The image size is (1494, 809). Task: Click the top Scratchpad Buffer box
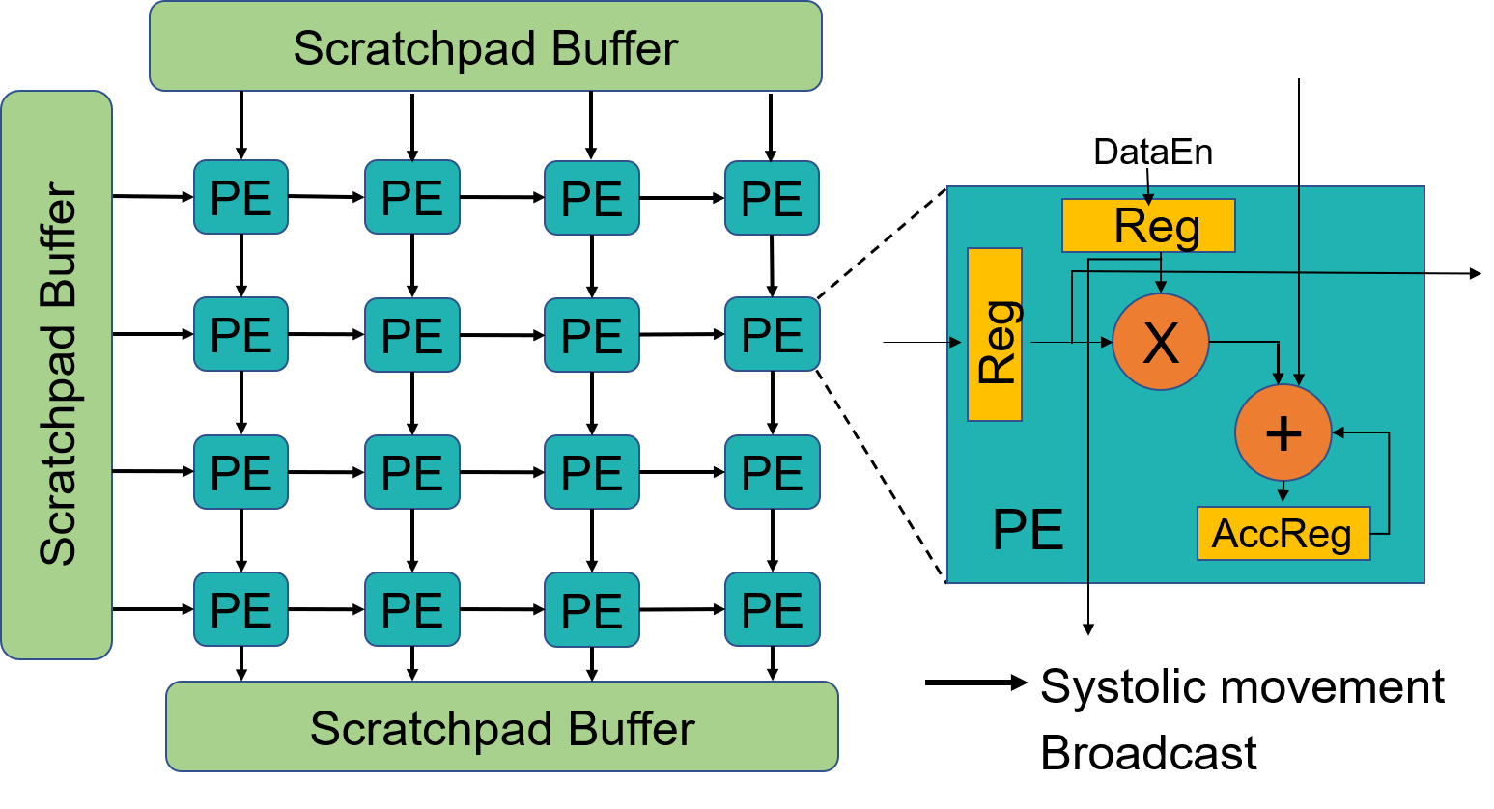coord(485,47)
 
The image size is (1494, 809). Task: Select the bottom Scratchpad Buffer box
coord(501,727)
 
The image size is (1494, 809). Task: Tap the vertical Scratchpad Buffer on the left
coord(57,375)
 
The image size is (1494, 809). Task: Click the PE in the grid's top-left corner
coord(240,198)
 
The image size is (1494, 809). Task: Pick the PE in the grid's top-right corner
coord(772,198)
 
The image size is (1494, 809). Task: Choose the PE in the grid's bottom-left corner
coord(240,609)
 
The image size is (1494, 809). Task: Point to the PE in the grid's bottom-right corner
coord(772,609)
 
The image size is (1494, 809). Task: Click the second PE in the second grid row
coord(411,335)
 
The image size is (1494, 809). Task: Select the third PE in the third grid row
coord(591,472)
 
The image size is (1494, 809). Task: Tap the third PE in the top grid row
coord(591,198)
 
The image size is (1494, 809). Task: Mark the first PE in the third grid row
coord(240,472)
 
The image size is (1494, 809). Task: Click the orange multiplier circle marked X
coord(1160,342)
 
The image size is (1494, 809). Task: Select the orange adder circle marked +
coord(1283,432)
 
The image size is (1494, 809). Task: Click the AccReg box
coord(1283,533)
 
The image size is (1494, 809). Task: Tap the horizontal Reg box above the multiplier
coord(1147,226)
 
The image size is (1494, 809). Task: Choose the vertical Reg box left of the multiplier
coord(995,334)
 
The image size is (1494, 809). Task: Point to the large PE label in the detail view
coord(1028,529)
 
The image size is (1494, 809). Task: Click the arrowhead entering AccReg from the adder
coord(1283,497)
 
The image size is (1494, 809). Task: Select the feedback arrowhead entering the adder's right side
coord(1339,433)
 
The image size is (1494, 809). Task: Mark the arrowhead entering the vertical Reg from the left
coord(956,342)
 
